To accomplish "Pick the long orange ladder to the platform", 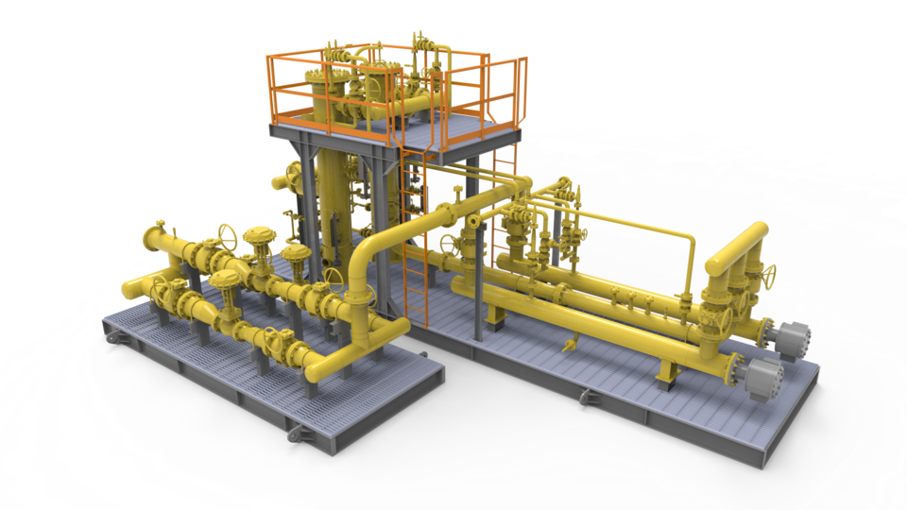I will [x=413, y=236].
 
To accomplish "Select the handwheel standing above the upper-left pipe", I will [x=226, y=234].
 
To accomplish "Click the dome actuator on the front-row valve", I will [x=227, y=280].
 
